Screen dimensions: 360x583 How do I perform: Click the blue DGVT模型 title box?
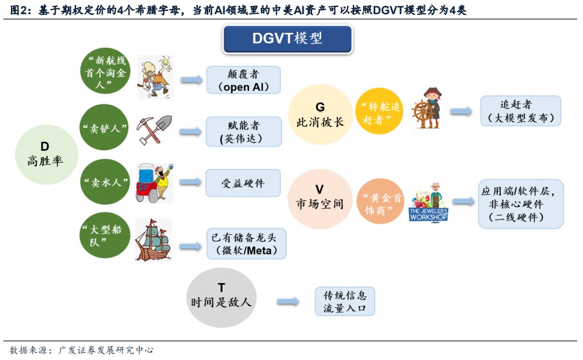pyautogui.click(x=288, y=39)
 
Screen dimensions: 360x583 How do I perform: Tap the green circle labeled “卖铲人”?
pyautogui.click(x=105, y=129)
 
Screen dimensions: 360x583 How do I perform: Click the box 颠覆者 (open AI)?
pyautogui.click(x=244, y=80)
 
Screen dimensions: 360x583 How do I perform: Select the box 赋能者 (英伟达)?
pyautogui.click(x=244, y=132)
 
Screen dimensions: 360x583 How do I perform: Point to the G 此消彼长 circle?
pyautogui.click(x=319, y=115)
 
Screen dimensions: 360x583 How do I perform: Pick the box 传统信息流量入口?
pyautogui.click(x=345, y=301)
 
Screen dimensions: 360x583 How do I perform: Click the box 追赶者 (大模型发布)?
pyautogui.click(x=520, y=111)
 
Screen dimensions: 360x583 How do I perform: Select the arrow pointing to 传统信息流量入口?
pyautogui.click(x=288, y=301)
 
